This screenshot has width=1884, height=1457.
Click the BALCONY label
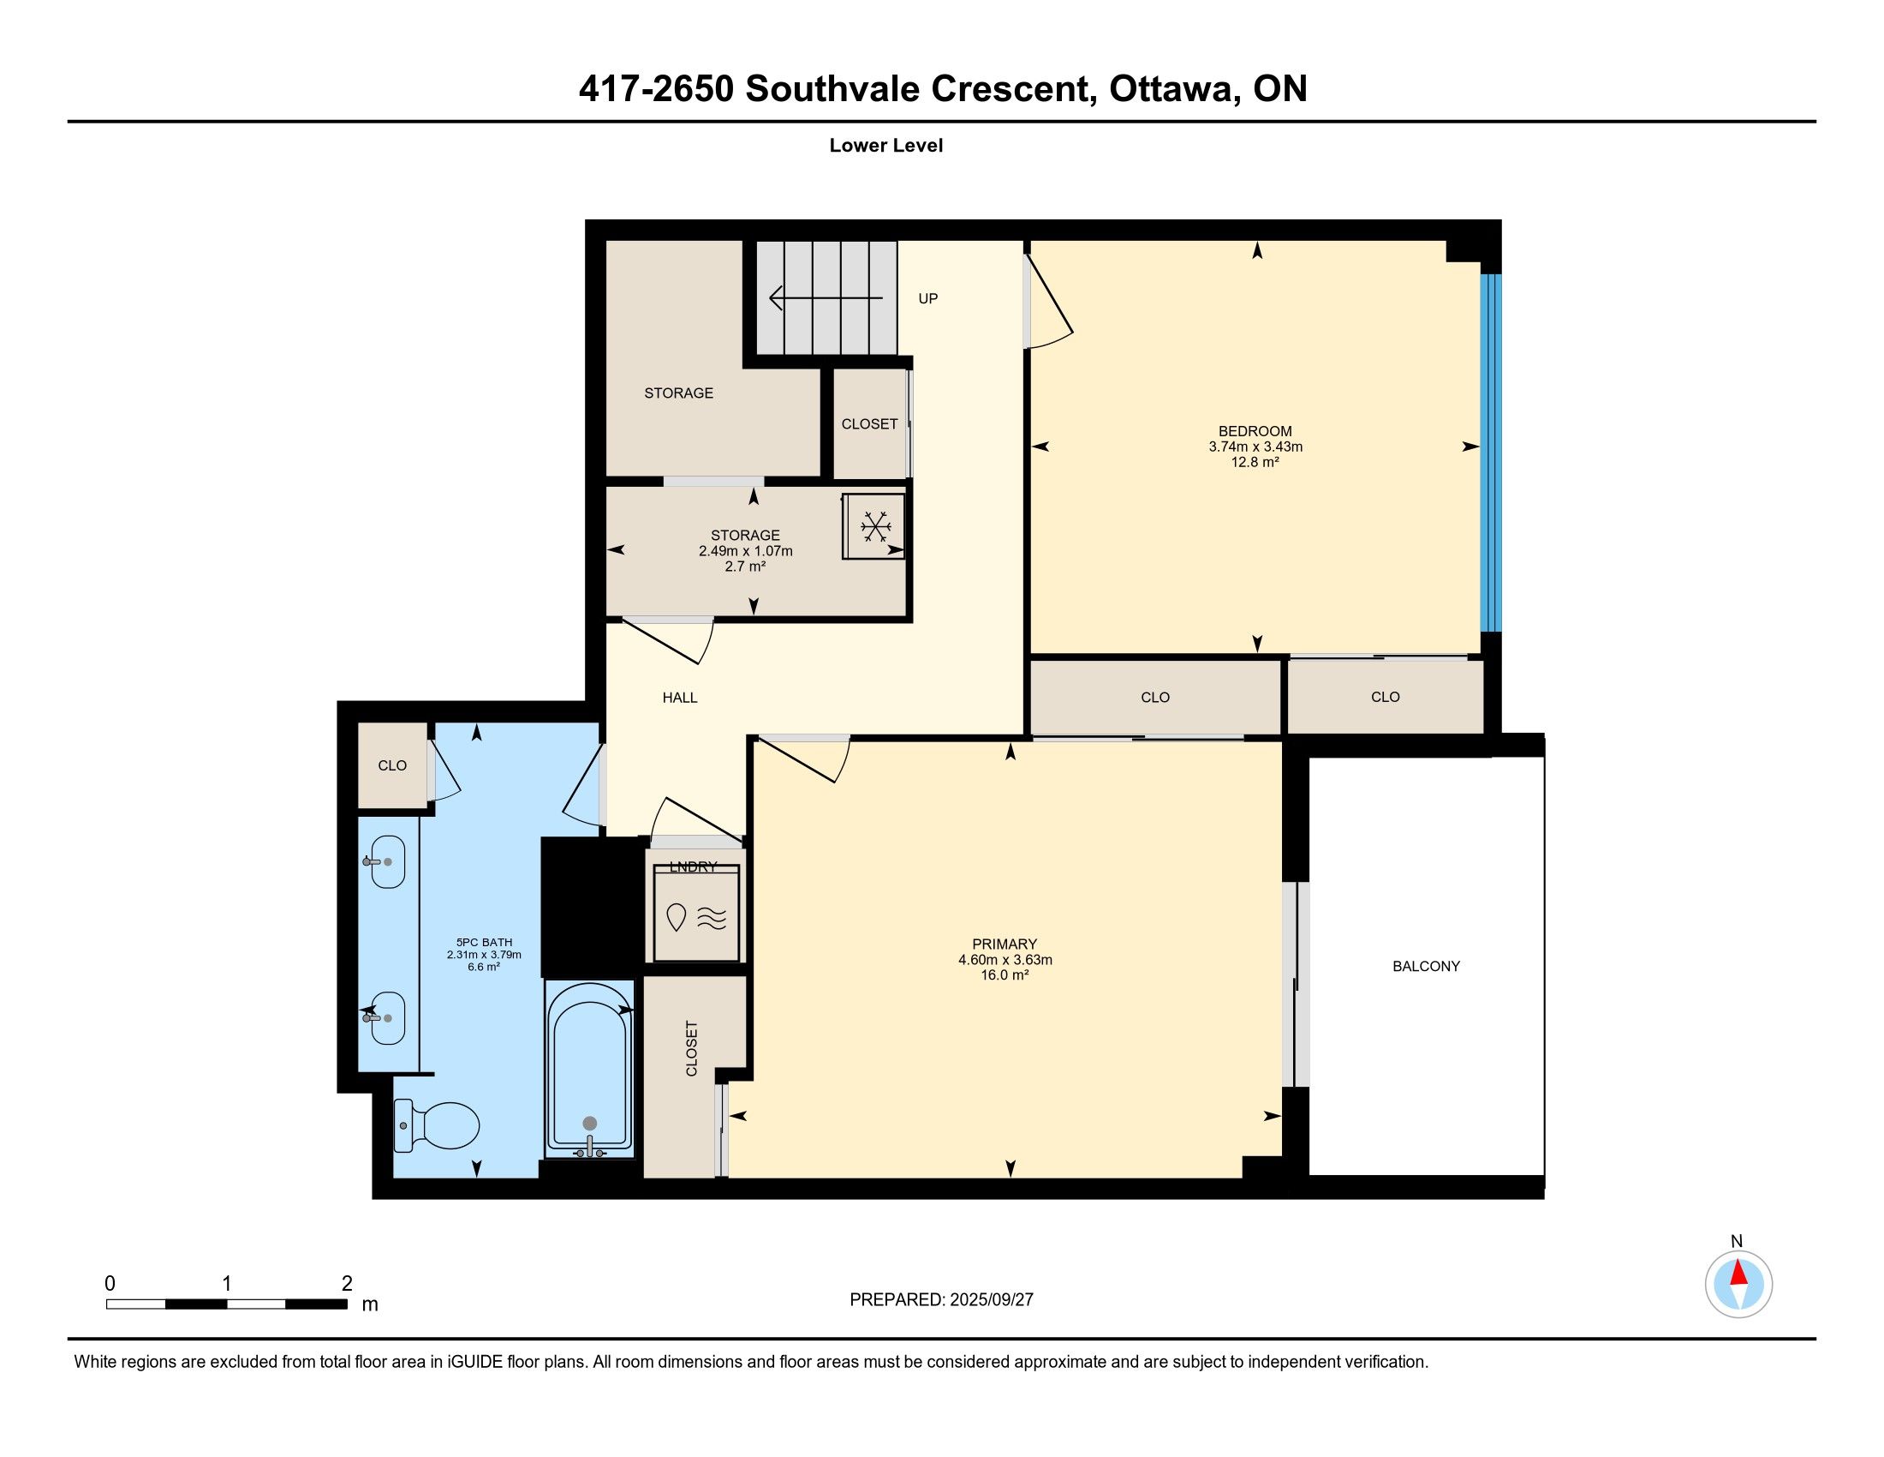(x=1426, y=966)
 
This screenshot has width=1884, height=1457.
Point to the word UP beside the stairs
(x=928, y=298)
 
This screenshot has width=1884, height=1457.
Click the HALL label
(x=680, y=698)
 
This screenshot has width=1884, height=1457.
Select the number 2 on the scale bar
(x=347, y=1284)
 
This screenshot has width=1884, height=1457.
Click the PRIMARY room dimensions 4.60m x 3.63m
(x=1005, y=960)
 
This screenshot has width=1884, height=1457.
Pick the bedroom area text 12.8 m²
(x=1255, y=462)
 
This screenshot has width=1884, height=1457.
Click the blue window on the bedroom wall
(x=1491, y=453)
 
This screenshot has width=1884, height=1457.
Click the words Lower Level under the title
(x=886, y=145)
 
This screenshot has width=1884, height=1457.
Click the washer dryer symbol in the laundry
(x=696, y=916)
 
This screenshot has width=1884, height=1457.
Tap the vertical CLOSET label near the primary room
(x=692, y=1049)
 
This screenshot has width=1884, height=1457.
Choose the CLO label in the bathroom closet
(x=392, y=765)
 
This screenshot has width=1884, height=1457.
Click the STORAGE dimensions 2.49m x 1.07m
(x=745, y=551)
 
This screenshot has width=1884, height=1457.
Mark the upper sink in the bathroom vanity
(x=385, y=861)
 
